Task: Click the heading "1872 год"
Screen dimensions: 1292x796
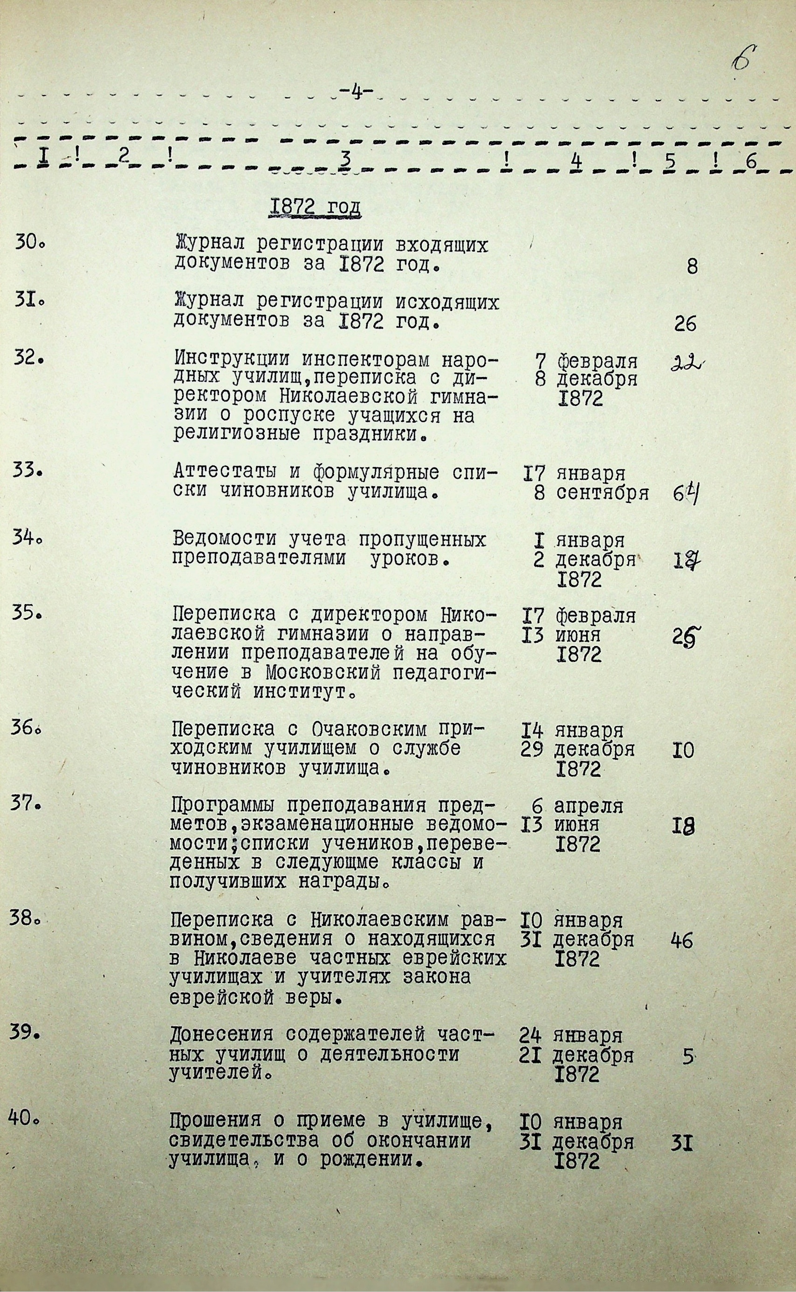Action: pyautogui.click(x=315, y=207)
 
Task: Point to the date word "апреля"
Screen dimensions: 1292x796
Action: pyautogui.click(x=589, y=807)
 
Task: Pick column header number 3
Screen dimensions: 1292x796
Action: pyautogui.click(x=345, y=158)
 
